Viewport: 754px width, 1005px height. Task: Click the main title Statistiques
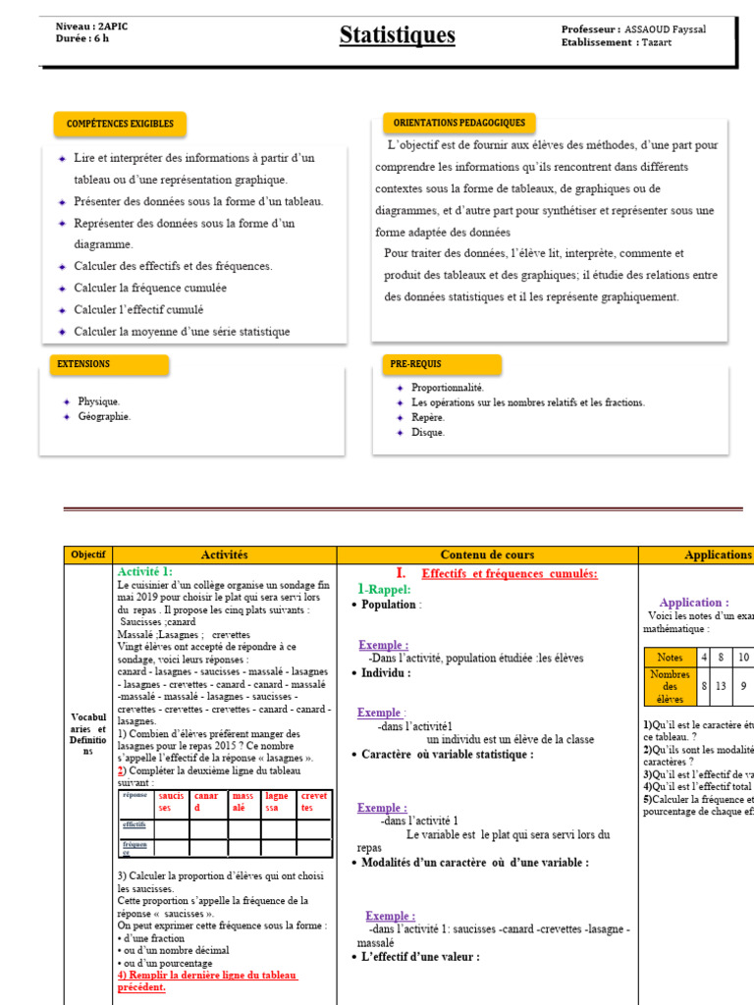pos(398,35)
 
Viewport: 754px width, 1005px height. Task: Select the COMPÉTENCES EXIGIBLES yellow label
pos(120,124)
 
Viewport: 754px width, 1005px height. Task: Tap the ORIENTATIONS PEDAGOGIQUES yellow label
pos(458,124)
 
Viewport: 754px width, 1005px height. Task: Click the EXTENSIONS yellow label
pos(83,364)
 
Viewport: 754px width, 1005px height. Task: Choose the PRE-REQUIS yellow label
pos(413,364)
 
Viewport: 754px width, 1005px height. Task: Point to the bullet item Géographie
pos(104,416)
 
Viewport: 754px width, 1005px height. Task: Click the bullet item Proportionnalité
pos(448,388)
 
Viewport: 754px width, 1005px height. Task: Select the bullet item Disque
pos(428,432)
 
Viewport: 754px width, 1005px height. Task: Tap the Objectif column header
pos(87,555)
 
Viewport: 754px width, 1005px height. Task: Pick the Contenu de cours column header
pos(487,555)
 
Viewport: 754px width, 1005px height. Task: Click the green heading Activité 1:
pos(144,571)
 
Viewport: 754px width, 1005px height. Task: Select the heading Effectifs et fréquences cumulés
pos(509,573)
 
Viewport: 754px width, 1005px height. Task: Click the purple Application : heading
pos(693,603)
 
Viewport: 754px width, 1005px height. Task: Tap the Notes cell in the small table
pos(670,657)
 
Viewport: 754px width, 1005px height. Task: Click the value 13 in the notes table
pos(721,686)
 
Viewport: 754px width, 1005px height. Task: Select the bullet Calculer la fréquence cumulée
pos(150,288)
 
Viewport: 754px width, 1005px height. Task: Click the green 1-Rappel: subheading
pos(384,589)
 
